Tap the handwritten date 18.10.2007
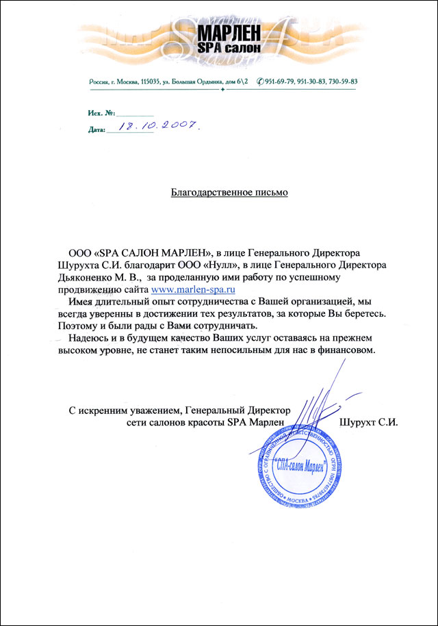coord(158,126)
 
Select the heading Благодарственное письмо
coord(229,192)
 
